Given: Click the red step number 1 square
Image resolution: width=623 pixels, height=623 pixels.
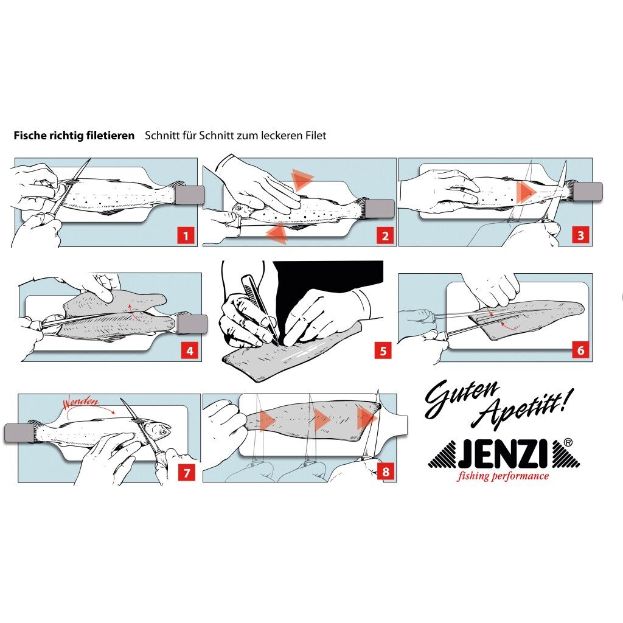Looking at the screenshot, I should tap(186, 235).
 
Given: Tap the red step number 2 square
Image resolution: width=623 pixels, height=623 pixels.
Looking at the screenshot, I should tap(384, 235).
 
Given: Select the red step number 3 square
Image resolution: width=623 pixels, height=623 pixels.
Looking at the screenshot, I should tap(580, 235).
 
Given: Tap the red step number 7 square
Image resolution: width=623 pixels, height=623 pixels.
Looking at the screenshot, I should tap(186, 472).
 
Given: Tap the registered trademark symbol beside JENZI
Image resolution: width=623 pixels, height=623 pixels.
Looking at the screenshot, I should tap(567, 443).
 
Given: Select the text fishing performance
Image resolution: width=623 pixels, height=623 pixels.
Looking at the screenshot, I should tap(503, 476).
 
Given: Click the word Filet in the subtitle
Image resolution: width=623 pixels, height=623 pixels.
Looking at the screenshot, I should tap(315, 136).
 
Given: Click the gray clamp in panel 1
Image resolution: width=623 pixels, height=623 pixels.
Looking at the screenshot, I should tap(190, 195).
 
